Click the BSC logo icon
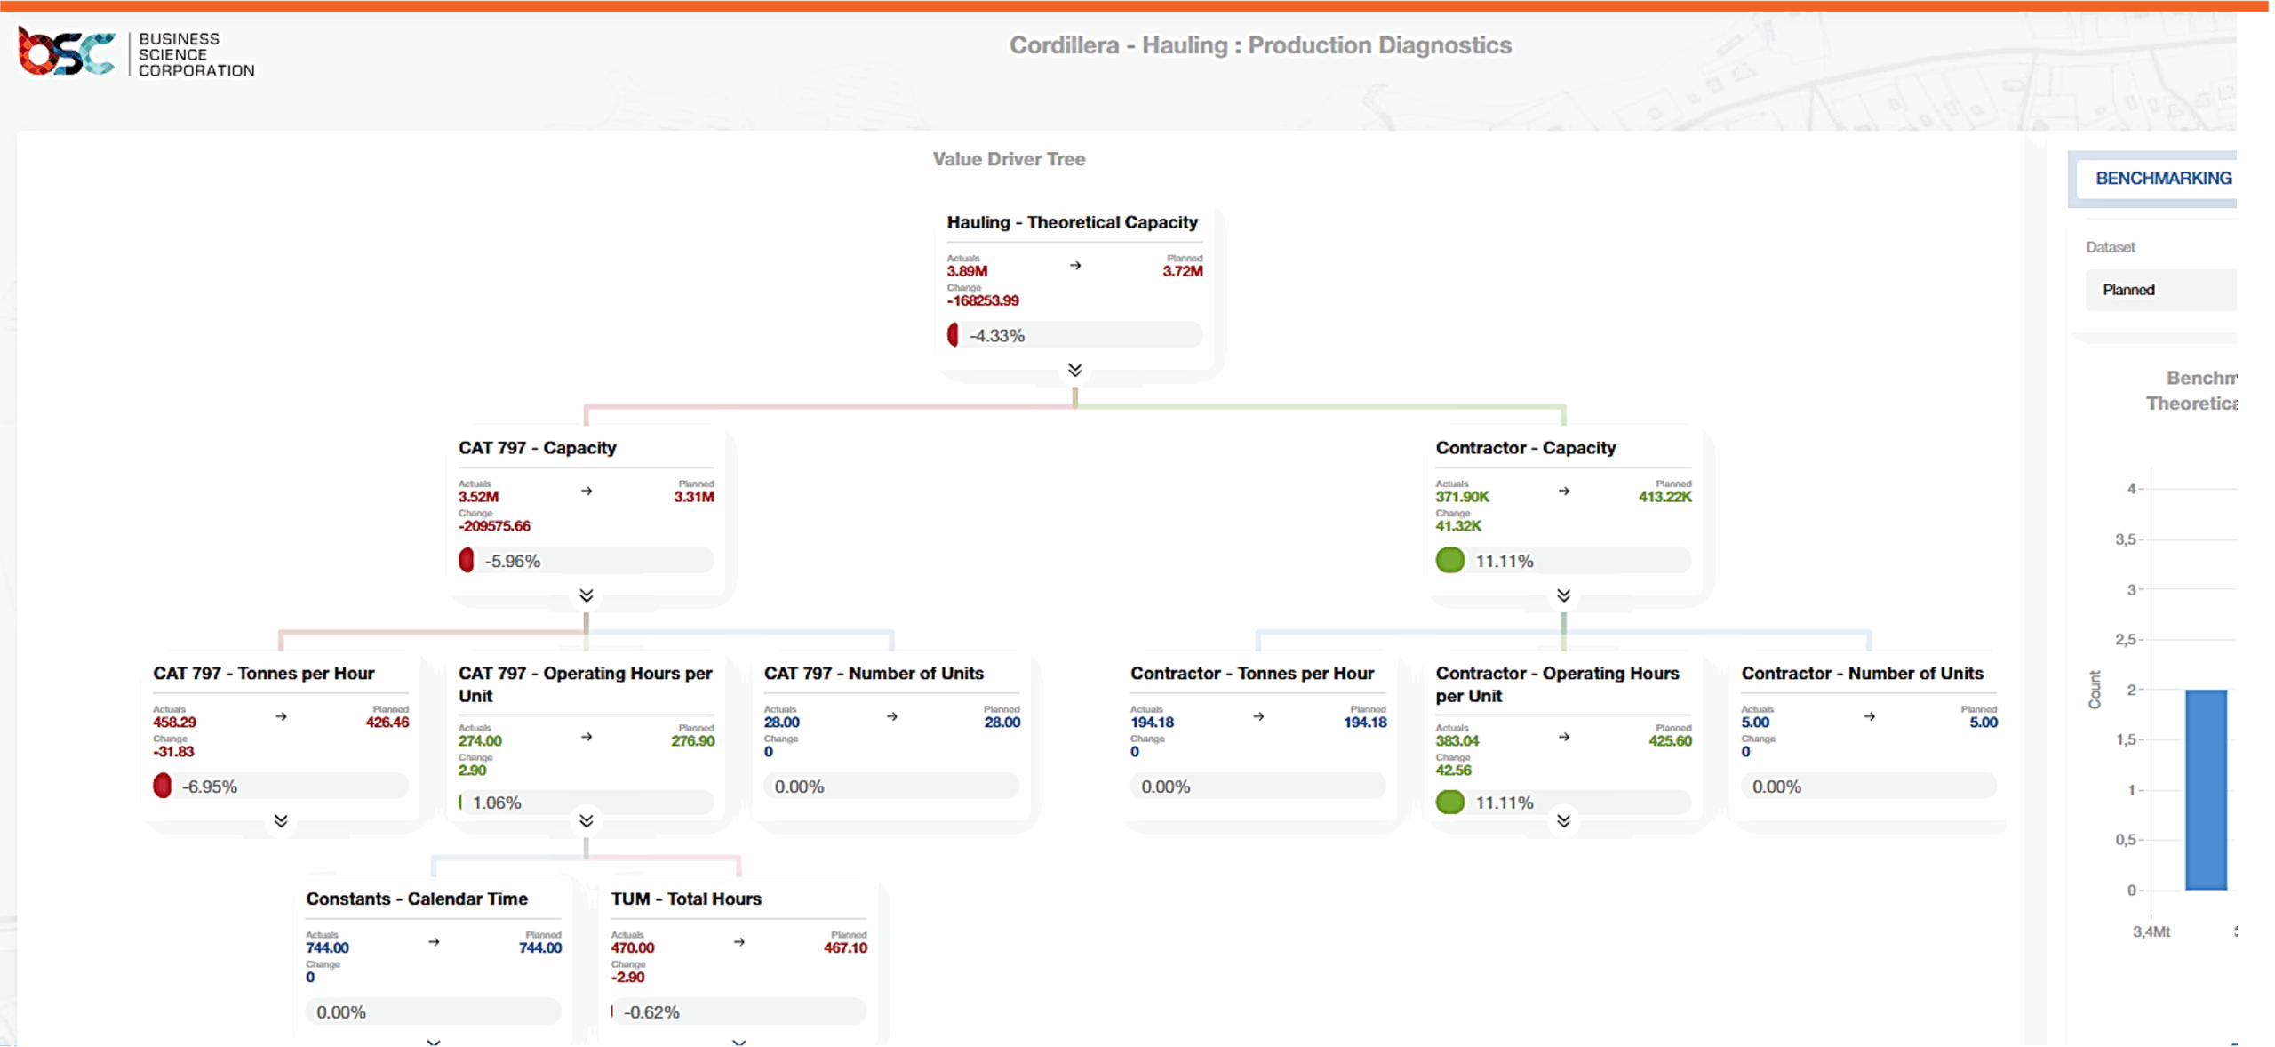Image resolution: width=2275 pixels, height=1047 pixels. click(x=67, y=52)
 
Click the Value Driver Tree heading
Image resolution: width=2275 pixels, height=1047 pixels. click(x=1009, y=159)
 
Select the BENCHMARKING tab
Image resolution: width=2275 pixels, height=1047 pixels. click(x=2163, y=179)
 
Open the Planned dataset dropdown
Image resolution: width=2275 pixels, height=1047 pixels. click(x=2159, y=290)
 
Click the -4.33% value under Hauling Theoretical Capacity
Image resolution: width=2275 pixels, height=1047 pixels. click(x=997, y=336)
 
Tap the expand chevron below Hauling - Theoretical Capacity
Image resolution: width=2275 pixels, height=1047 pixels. click(x=1074, y=370)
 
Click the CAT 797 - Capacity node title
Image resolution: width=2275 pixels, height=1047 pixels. click(x=537, y=448)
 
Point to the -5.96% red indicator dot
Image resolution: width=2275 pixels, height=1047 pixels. click(x=467, y=561)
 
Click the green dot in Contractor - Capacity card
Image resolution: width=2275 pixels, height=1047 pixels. click(x=1449, y=561)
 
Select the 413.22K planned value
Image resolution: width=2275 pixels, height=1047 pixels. click(x=1664, y=497)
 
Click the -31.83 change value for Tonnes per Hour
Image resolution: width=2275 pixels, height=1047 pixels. click(x=173, y=752)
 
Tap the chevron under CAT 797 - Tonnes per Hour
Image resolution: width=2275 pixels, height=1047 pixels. click(x=281, y=820)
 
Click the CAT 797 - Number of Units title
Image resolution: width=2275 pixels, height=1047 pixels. click(x=874, y=674)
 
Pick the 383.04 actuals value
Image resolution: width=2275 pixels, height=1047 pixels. click(x=1457, y=741)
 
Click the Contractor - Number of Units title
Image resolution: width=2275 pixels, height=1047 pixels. click(x=1862, y=674)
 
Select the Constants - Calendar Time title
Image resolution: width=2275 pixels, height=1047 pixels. click(x=417, y=899)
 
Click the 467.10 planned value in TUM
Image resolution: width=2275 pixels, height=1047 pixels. click(x=844, y=948)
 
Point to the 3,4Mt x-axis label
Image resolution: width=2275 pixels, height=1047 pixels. click(x=2151, y=931)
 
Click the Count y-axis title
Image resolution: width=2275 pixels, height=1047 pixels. click(x=2095, y=690)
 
